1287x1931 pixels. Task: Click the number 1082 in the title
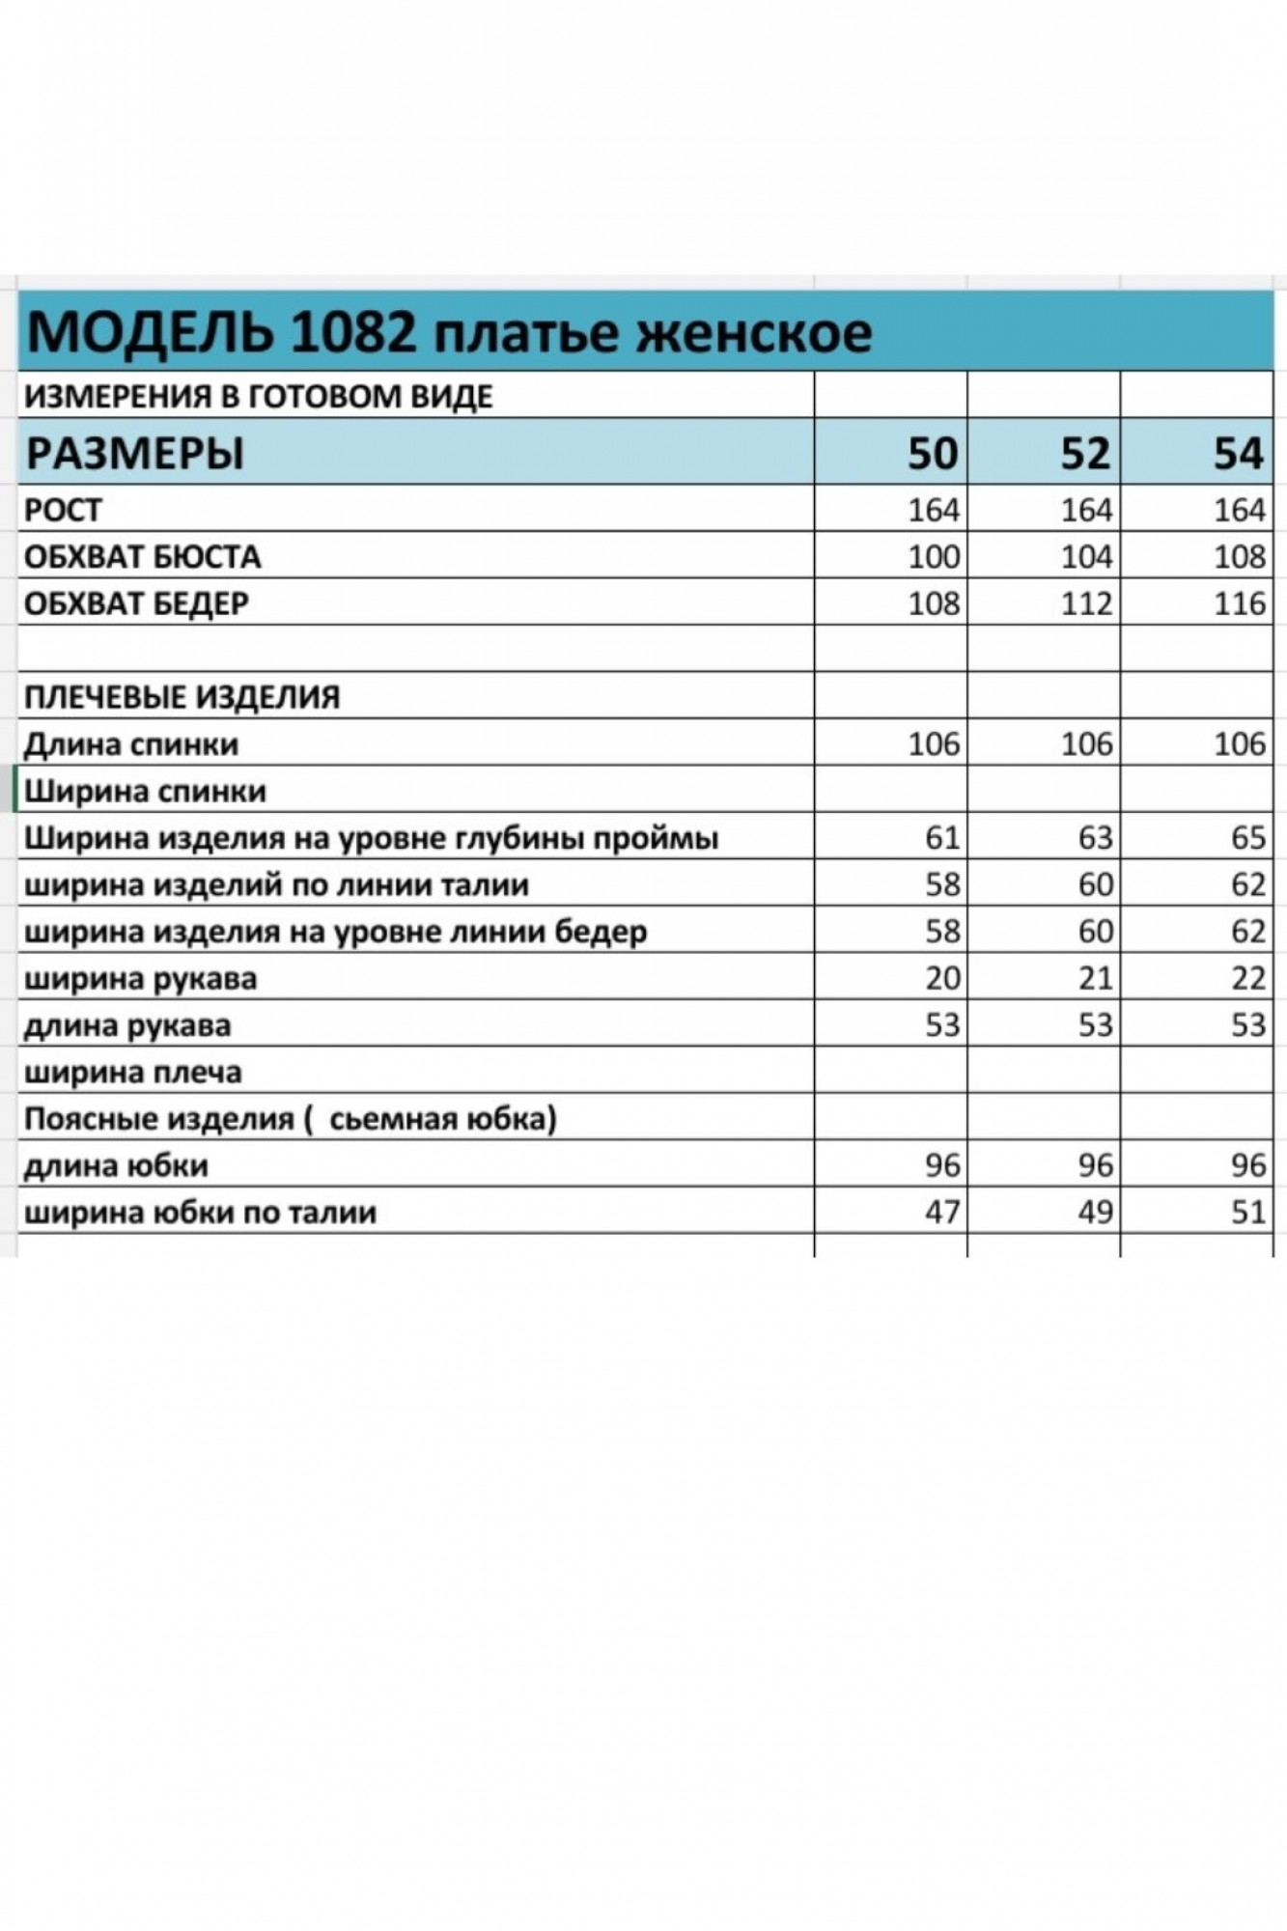tap(352, 333)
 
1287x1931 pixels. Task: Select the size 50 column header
tap(932, 453)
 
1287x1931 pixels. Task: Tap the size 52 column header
tap(1085, 453)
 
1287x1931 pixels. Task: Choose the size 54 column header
tap(1239, 453)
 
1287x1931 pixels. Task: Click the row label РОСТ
tap(63, 509)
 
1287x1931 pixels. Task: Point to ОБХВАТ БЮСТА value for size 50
tap(934, 556)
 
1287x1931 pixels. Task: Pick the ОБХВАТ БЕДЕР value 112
tap(1086, 603)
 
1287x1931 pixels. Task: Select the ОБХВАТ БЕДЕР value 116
tap(1239, 603)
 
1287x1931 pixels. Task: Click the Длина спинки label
tap(130, 744)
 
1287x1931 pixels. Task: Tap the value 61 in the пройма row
tap(941, 837)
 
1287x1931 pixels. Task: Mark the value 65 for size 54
tap(1247, 837)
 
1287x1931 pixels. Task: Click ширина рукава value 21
tap(1095, 978)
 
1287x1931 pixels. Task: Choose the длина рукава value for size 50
tap(941, 1024)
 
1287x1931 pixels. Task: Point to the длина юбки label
tap(115, 1165)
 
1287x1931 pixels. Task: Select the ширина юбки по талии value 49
tap(1095, 1212)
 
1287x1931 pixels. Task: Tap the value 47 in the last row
tap(941, 1212)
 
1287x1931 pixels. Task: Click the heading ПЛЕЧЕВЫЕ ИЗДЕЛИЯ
tap(182, 697)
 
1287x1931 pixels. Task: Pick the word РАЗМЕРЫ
tap(135, 453)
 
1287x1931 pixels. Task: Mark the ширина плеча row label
tap(132, 1072)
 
